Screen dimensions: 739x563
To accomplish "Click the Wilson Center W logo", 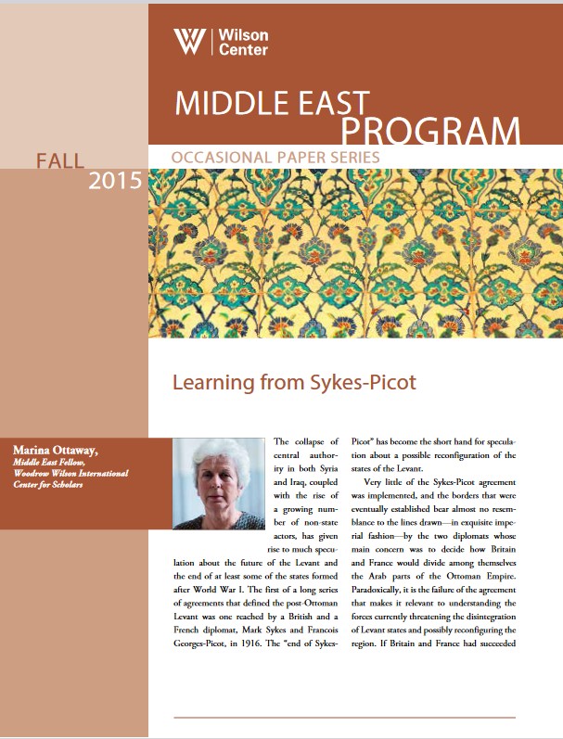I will (190, 42).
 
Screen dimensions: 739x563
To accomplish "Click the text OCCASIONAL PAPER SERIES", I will (275, 159).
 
